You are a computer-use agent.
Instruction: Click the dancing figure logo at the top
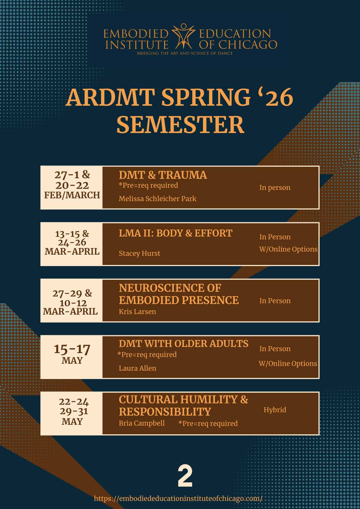click(183, 36)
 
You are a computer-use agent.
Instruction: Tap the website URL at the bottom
click(178, 498)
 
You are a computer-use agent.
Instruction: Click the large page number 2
click(185, 476)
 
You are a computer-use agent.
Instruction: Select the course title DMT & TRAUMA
click(163, 175)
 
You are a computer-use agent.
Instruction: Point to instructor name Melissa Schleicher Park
click(158, 199)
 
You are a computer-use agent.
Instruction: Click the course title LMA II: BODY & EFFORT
click(176, 233)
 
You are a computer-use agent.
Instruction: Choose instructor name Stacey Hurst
click(140, 253)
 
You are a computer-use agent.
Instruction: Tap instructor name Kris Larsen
click(137, 312)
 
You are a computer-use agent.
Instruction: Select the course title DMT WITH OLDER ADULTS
click(184, 343)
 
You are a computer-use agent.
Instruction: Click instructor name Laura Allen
click(138, 368)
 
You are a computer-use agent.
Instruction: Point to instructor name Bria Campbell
click(142, 423)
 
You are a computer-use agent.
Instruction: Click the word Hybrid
click(275, 410)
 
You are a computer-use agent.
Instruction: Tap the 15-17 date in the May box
click(72, 349)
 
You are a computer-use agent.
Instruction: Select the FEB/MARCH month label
click(72, 195)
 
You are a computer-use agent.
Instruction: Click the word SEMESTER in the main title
click(180, 124)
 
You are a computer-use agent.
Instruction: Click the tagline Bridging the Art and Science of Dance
click(184, 53)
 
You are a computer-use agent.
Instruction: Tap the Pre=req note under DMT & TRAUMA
click(148, 185)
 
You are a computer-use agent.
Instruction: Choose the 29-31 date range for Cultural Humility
click(74, 411)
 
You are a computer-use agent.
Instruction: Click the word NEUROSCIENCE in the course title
click(170, 288)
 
